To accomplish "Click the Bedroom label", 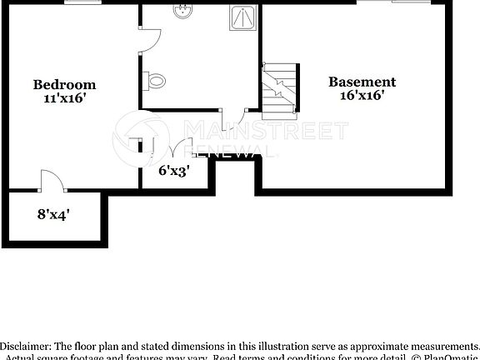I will [x=64, y=84].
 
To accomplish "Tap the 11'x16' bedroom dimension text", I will [x=64, y=97].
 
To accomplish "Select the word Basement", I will [x=362, y=82].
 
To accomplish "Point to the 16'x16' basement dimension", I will [x=362, y=95].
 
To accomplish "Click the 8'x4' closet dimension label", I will [x=53, y=213].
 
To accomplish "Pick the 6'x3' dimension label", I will [x=174, y=171].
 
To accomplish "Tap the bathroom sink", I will [x=182, y=12].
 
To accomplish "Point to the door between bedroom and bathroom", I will [x=147, y=40].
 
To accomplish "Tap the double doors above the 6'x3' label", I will [x=177, y=150].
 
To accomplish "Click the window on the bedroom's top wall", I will [x=77, y=2].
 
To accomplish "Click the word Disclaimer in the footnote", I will [x=25, y=345].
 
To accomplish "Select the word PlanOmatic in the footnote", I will [x=450, y=357].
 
